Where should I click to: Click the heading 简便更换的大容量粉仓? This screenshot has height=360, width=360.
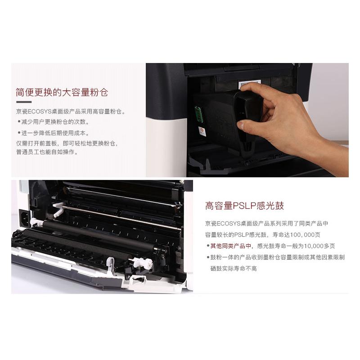click(62, 93)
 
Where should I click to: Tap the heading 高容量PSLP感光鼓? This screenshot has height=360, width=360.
click(244, 206)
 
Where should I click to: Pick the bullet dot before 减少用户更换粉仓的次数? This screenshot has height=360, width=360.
click(19, 122)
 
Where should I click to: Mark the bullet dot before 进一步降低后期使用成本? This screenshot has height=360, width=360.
click(19, 133)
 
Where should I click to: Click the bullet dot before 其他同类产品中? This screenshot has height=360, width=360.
click(207, 246)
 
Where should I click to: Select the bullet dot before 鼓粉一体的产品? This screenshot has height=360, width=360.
click(207, 257)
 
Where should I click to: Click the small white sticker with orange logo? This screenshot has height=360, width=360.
click(202, 131)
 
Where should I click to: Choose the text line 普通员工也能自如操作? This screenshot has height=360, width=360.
click(47, 152)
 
